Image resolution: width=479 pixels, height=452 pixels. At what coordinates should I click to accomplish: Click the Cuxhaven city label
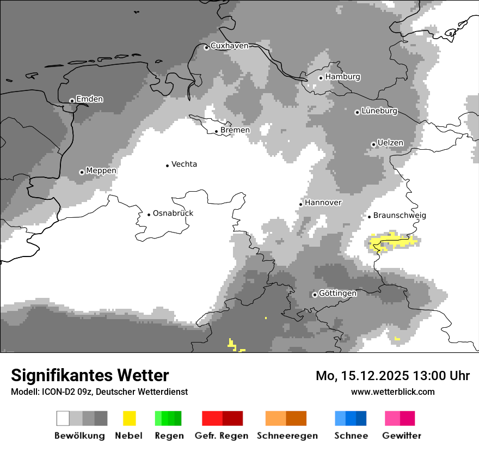[229, 46]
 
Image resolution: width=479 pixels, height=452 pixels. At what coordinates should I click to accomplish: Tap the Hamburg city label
[342, 77]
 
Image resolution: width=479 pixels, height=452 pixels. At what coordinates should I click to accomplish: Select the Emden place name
[89, 99]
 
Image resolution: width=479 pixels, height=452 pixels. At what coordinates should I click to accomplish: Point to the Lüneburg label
[379, 111]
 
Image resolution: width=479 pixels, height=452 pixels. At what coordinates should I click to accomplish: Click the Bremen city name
[235, 130]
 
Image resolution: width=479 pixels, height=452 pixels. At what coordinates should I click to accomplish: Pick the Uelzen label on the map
[390, 143]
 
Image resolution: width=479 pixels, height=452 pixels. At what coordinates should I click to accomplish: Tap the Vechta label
[184, 164]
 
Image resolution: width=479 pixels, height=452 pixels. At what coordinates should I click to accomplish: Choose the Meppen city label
[101, 171]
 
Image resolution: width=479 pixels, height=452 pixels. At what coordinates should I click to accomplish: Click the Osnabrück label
[173, 213]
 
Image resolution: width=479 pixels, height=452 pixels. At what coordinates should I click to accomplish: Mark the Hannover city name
[323, 203]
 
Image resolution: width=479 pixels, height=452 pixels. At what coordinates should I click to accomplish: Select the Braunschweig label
[400, 216]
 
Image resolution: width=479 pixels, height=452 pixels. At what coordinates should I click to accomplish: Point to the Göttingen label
[337, 294]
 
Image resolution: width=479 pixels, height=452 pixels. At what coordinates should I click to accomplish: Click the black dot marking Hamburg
[321, 78]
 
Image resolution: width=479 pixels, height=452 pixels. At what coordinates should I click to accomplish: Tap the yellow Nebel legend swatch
[129, 418]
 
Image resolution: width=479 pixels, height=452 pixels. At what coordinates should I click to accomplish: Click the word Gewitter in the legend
[402, 436]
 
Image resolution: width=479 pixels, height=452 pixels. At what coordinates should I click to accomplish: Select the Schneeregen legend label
[287, 436]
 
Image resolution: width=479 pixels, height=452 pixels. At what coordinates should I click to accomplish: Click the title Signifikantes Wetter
[90, 375]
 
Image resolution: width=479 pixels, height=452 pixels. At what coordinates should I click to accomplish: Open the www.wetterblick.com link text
[392, 392]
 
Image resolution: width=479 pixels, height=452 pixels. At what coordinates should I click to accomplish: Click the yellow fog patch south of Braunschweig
[393, 241]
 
